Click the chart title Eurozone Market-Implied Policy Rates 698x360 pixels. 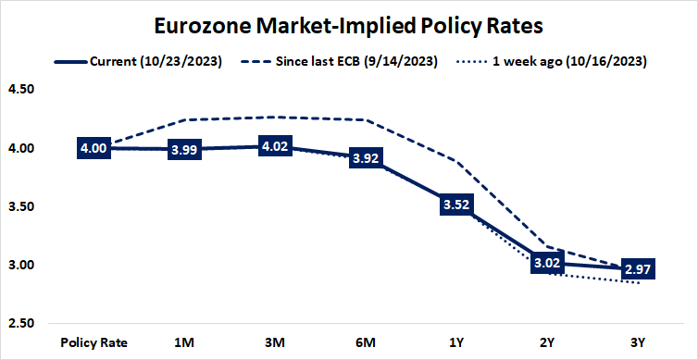[349, 21]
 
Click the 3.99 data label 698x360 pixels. [184, 149]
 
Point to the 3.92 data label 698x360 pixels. [366, 158]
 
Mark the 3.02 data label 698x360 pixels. [547, 263]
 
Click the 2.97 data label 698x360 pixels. [638, 268]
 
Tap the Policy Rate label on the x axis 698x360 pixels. [93, 341]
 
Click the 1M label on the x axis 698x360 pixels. [184, 341]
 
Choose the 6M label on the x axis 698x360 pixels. [366, 341]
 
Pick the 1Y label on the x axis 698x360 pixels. [456, 341]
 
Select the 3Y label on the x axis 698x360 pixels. [638, 341]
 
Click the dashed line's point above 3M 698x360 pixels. [275, 117]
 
